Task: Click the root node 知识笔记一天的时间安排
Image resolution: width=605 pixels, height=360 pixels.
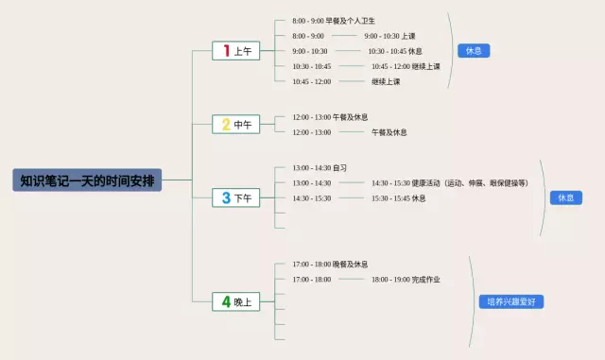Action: [x=88, y=180]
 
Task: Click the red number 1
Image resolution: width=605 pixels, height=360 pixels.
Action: [x=226, y=51]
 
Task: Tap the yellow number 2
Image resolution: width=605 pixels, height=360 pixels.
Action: [x=226, y=124]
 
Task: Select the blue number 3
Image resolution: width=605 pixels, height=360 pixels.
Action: [x=226, y=197]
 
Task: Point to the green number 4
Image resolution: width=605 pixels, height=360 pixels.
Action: [x=226, y=302]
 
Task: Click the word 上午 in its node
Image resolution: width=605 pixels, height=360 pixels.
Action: [x=243, y=51]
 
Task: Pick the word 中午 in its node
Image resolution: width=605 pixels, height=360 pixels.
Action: [x=243, y=125]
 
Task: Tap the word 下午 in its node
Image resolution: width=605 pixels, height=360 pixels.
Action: [x=243, y=198]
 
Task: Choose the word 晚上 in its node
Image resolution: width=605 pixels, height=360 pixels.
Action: [x=243, y=302]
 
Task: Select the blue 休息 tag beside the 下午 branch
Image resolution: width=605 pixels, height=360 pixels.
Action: [x=565, y=197]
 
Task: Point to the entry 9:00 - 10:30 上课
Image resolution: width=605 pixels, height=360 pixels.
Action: [x=389, y=36]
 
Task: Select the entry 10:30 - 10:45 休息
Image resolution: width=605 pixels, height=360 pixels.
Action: [x=394, y=51]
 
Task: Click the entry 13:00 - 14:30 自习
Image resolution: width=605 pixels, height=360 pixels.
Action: [x=320, y=167]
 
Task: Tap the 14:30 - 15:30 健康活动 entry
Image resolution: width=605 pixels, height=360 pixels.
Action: [x=449, y=182]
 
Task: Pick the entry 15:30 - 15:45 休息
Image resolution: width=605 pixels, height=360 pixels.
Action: [x=398, y=198]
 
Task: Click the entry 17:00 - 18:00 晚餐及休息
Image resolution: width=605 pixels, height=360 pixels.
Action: [x=330, y=264]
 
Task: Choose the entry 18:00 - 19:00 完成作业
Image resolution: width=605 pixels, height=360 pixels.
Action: [x=405, y=280]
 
